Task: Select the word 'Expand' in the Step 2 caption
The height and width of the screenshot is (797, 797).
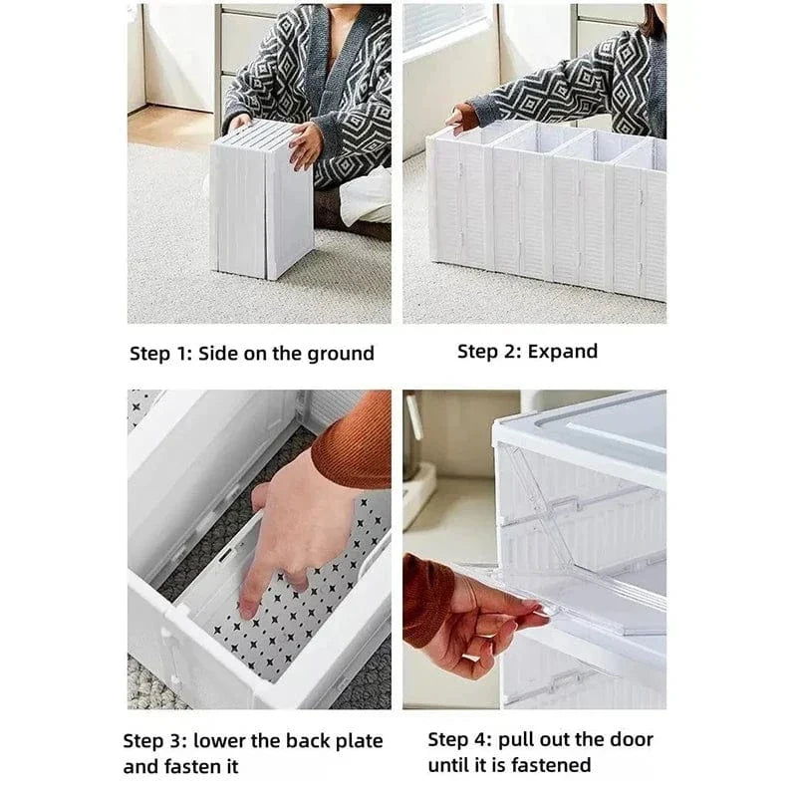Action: click(x=563, y=351)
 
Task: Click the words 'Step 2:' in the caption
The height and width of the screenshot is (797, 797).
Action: click(x=489, y=351)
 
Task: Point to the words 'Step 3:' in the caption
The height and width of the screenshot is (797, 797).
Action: click(x=153, y=741)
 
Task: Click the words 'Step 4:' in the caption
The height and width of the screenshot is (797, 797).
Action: click(x=460, y=739)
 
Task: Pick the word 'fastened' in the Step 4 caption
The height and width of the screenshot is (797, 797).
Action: click(x=554, y=765)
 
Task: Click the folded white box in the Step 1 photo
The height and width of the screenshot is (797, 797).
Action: click(x=261, y=204)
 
